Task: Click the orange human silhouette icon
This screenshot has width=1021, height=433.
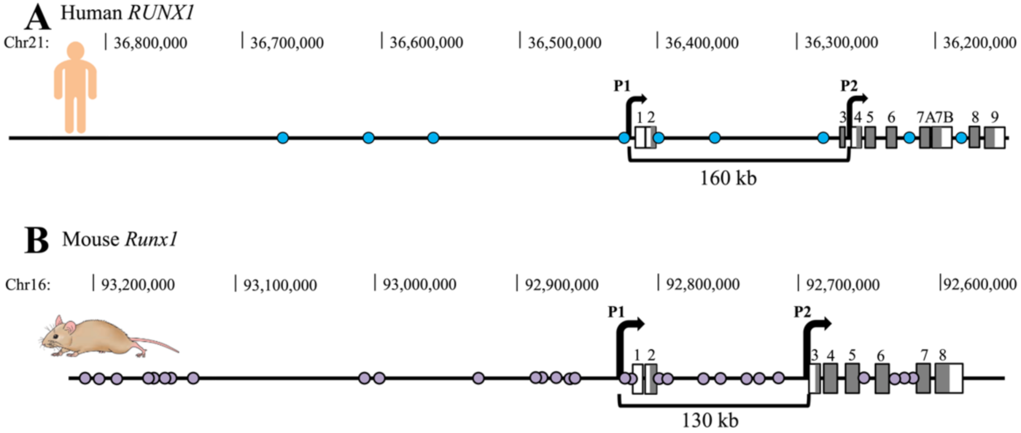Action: [76, 88]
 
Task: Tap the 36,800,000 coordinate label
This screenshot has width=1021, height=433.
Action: [150, 43]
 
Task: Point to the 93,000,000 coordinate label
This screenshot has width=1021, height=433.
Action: [419, 285]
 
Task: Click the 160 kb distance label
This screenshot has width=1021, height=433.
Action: [728, 178]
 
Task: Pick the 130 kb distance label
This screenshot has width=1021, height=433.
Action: [710, 420]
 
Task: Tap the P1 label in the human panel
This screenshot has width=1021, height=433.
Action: [622, 86]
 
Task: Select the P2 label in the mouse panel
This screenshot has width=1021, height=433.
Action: [802, 312]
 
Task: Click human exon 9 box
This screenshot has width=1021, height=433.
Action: [995, 138]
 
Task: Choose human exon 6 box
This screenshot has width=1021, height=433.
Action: [891, 138]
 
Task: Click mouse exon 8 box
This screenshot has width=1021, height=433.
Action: [949, 378]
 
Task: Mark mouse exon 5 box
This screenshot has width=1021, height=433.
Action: [852, 378]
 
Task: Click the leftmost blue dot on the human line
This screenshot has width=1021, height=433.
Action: [283, 138]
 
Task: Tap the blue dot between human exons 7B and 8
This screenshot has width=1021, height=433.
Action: [961, 138]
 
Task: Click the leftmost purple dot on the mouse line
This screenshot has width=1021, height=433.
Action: [85, 378]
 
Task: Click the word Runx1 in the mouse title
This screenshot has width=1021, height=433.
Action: [151, 240]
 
